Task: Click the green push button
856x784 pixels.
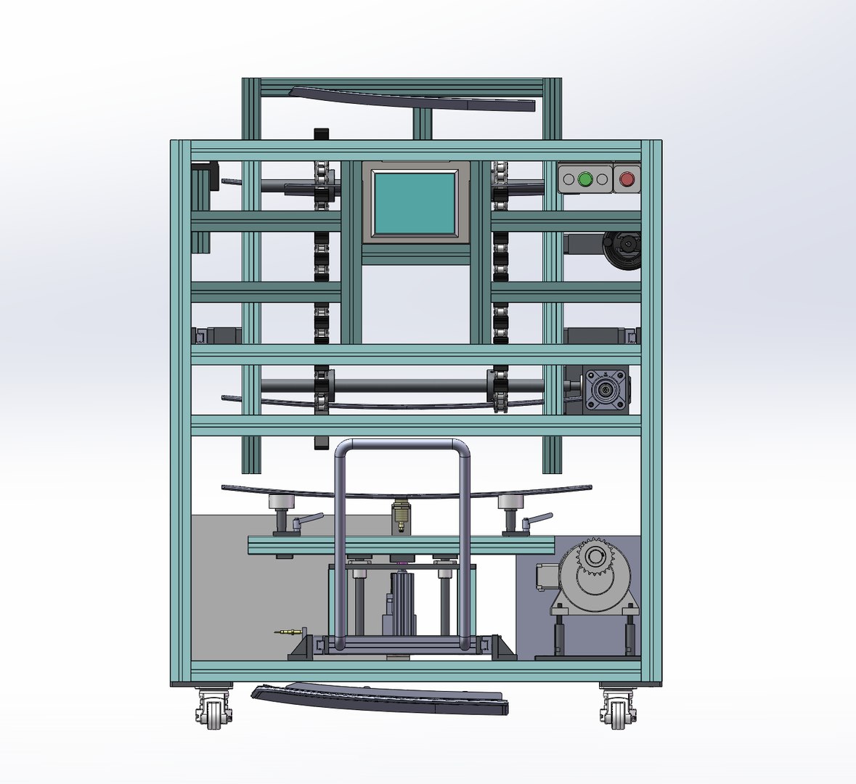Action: coord(585,178)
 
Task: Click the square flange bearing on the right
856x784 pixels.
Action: coord(604,389)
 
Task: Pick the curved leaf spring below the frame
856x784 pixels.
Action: coord(380,698)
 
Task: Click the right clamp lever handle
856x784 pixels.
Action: coord(537,519)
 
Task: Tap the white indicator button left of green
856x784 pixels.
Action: coord(568,178)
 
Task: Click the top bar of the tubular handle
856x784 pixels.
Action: coord(402,444)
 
